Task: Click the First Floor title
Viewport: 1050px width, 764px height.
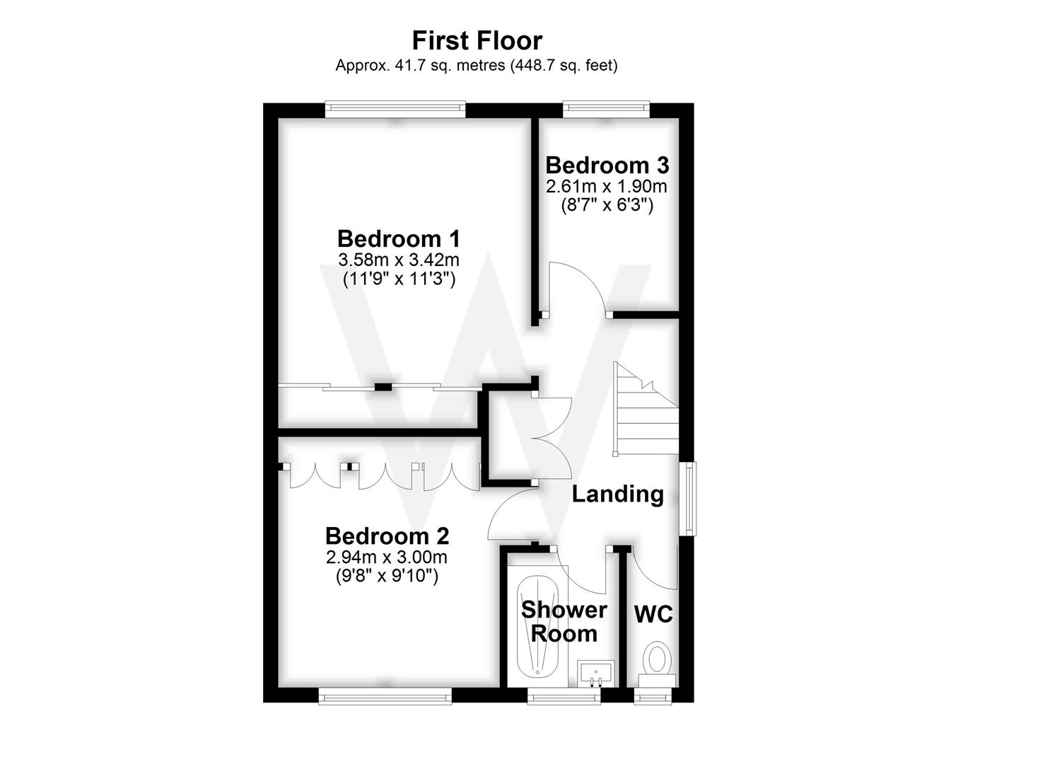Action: [x=477, y=40]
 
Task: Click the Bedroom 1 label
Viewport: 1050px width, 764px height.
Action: [x=398, y=238]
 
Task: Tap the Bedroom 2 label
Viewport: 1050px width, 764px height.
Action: [x=387, y=536]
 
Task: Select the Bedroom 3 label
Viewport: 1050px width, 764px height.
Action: [x=607, y=165]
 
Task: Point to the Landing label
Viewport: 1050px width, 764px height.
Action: [x=617, y=494]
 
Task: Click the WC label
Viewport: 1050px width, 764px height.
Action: [x=653, y=614]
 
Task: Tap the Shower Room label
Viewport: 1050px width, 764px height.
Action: [x=564, y=621]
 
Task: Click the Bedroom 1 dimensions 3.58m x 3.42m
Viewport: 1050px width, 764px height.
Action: [x=399, y=260]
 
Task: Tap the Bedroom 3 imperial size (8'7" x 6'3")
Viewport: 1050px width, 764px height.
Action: [x=607, y=206]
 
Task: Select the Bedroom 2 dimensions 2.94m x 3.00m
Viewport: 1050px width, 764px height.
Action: [x=387, y=557]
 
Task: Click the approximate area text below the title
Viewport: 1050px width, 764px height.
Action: [x=477, y=65]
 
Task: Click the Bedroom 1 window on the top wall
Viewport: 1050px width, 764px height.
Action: [x=395, y=109]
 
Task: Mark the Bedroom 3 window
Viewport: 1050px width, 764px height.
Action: [x=605, y=108]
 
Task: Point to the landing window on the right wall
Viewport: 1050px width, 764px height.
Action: [x=687, y=499]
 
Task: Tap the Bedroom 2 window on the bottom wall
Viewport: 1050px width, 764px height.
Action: [x=385, y=696]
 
